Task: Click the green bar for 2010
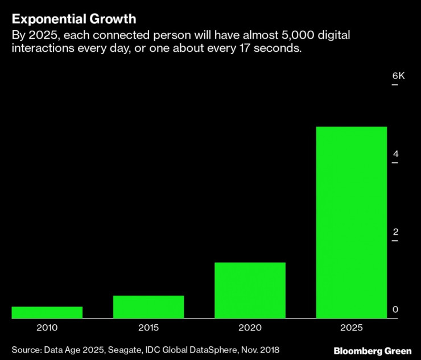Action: (47, 312)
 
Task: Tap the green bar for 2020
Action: (250, 290)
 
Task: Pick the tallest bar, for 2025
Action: (352, 222)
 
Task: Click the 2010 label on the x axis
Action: (47, 328)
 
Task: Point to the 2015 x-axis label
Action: (148, 328)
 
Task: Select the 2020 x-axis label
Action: (250, 328)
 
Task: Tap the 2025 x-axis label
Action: (352, 328)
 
